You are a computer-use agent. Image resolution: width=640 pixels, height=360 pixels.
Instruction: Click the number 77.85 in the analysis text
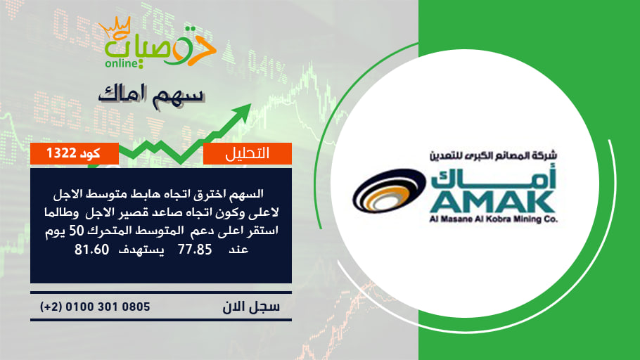195,249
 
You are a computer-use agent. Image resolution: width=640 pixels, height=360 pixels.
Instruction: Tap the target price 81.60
92,249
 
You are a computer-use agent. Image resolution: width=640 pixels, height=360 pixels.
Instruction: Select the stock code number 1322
61,153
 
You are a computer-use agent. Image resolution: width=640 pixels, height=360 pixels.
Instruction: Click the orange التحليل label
248,153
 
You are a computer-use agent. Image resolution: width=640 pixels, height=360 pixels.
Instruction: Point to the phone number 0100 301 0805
108,307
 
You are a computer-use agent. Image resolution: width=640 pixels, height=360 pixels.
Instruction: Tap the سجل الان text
251,307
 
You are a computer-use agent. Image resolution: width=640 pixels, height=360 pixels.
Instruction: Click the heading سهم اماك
151,95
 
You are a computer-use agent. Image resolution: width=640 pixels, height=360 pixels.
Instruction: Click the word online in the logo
122,63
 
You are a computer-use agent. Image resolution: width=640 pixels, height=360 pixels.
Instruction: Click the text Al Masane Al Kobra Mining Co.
493,219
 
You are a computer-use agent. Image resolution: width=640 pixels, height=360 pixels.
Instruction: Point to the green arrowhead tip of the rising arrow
251,104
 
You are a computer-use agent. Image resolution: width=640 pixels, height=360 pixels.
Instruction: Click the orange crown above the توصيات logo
115,27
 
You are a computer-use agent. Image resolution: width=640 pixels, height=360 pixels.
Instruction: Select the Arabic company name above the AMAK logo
493,155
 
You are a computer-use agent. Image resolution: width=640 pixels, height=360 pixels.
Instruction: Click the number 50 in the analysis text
76,231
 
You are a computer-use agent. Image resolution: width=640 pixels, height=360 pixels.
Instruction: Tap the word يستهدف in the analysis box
141,250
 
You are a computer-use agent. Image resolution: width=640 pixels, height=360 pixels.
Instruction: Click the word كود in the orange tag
90,153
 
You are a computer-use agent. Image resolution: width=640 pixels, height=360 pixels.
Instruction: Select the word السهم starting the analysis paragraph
246,194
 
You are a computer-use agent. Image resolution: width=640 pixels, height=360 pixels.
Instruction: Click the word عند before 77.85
238,249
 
